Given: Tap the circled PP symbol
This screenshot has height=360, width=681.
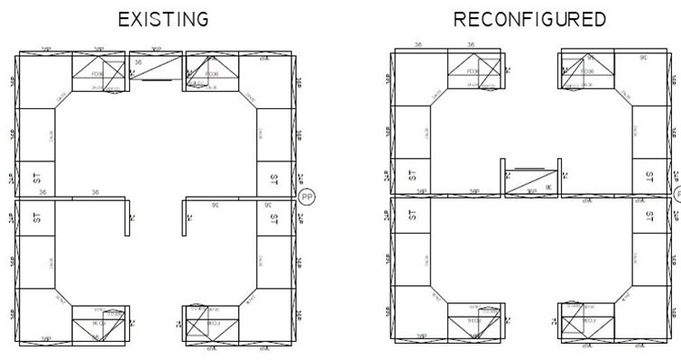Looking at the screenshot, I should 307,197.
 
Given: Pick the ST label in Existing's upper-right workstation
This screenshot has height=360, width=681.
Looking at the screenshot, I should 274,178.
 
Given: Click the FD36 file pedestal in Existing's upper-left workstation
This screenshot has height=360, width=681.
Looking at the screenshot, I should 100,72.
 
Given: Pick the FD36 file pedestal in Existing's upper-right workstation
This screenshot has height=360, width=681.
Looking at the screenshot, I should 211,72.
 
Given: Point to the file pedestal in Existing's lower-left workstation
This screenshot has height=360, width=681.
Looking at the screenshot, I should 100,322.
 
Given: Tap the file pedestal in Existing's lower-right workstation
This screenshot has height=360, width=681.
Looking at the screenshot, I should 211,322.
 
